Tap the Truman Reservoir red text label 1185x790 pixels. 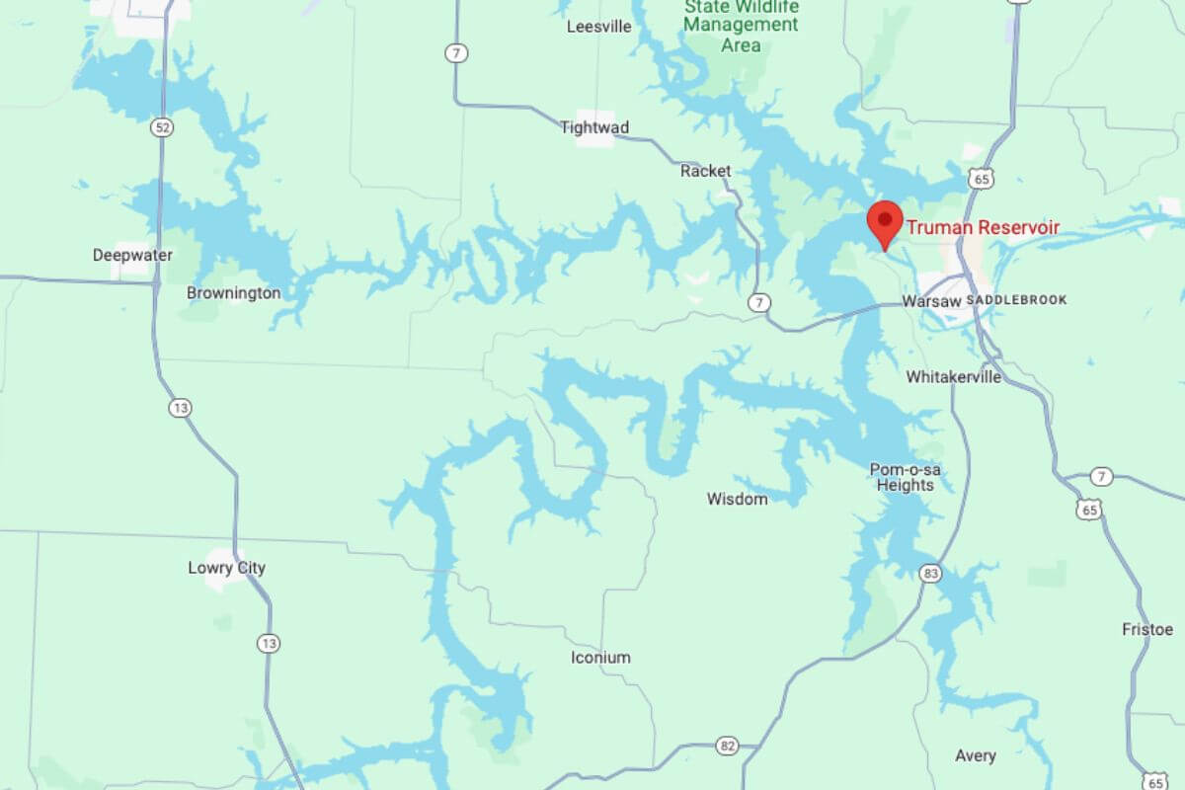(x=983, y=228)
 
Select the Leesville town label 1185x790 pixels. (x=598, y=27)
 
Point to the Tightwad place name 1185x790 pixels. (x=594, y=127)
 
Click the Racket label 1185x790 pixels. (x=706, y=171)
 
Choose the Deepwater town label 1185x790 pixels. (x=132, y=255)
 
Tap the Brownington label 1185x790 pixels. (x=233, y=292)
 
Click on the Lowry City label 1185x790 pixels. (x=226, y=568)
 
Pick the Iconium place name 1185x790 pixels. (x=600, y=658)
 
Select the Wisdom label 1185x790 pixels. (x=737, y=499)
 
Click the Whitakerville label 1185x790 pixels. (x=953, y=376)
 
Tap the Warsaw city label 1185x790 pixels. (x=931, y=300)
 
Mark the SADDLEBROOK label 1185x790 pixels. (x=1016, y=299)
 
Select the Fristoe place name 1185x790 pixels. (x=1147, y=629)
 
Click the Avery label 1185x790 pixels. (x=975, y=755)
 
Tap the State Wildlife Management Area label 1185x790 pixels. (x=741, y=26)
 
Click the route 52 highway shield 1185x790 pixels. (x=163, y=127)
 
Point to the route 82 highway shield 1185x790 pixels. (x=728, y=746)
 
